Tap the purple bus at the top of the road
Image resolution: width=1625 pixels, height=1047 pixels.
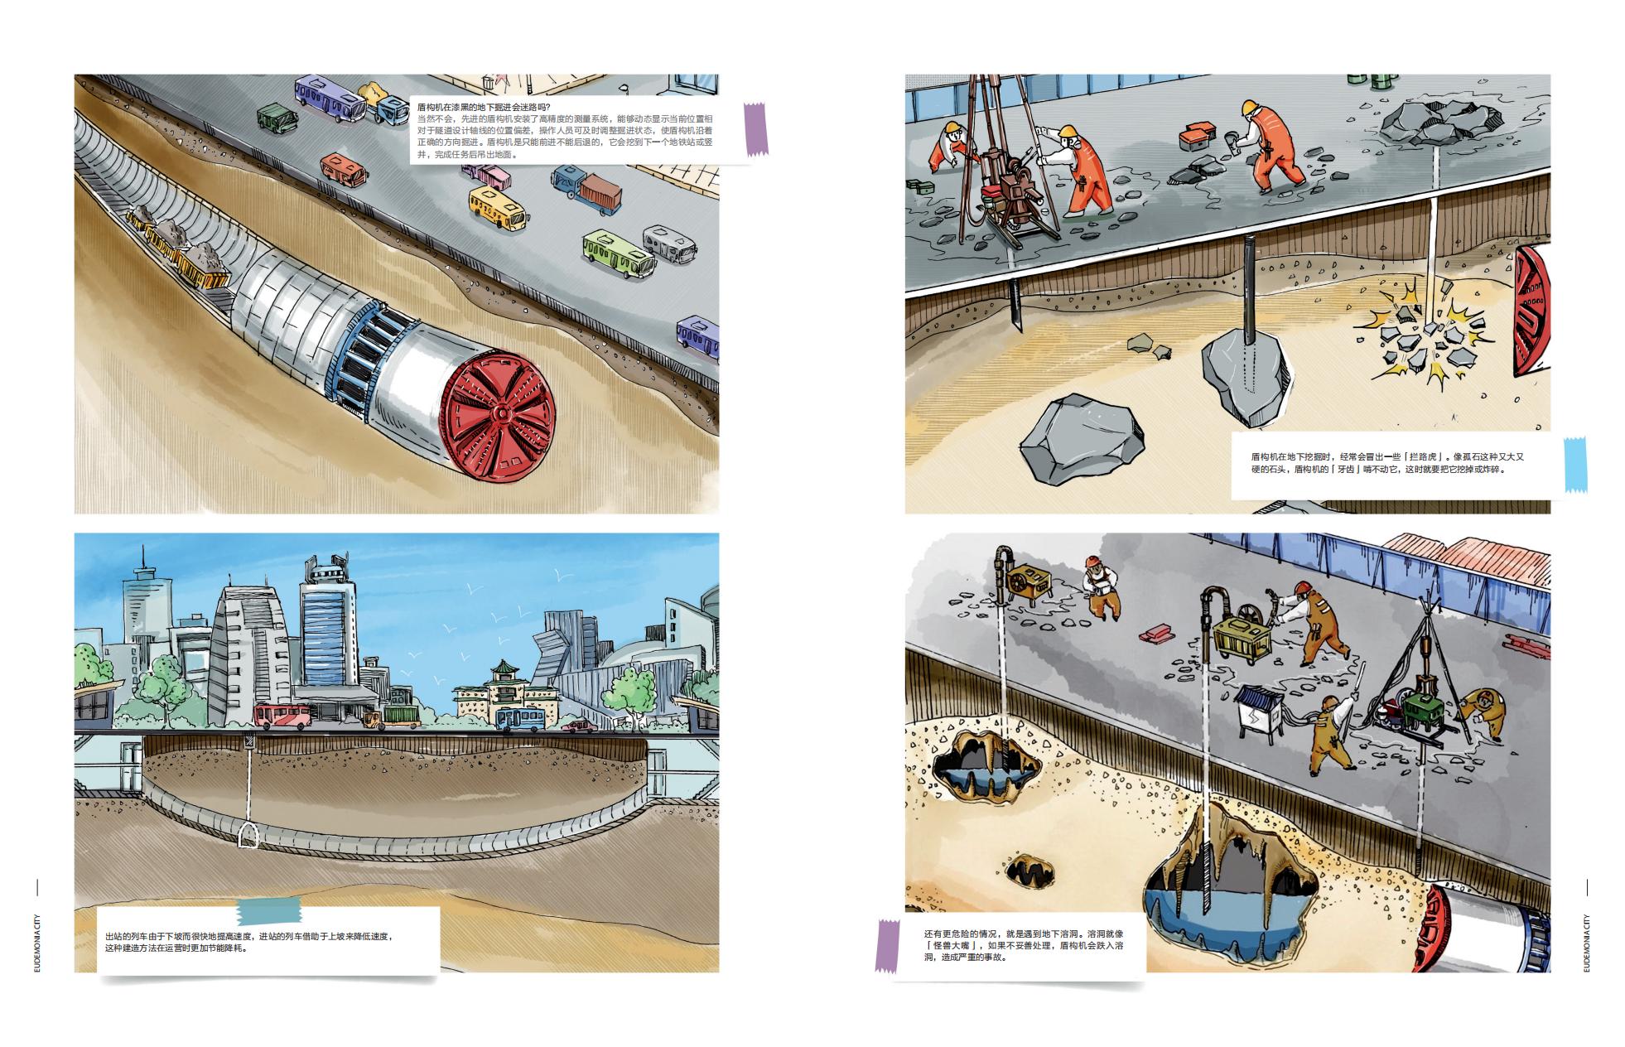[x=330, y=98]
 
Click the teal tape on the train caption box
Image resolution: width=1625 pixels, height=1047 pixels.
[x=270, y=911]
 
